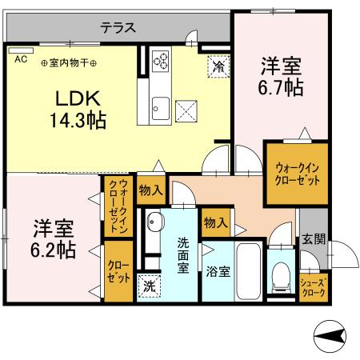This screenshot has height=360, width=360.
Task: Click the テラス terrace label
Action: pos(118,27)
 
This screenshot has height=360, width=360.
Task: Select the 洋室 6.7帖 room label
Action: pos(281,77)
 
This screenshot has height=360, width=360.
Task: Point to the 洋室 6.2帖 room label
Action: pos(54,238)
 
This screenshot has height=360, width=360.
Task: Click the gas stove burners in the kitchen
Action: pos(160,62)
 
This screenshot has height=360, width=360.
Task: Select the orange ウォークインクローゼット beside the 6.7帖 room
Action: pos(297,174)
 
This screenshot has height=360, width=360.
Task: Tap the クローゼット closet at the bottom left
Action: pos(118,273)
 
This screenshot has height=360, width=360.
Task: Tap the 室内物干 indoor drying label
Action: pos(70,62)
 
